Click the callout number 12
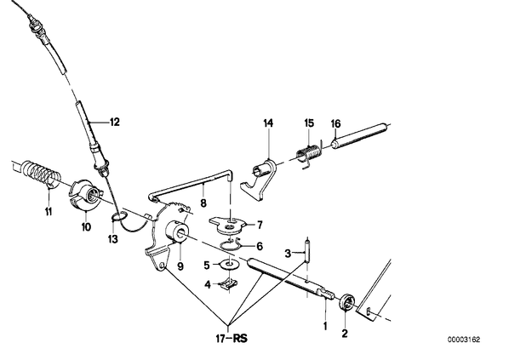(115, 123)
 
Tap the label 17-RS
(232, 339)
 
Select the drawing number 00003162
(464, 340)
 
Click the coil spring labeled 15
(309, 152)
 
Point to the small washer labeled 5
(230, 264)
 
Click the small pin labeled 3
(307, 250)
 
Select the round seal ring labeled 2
(346, 301)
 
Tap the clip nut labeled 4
(230, 285)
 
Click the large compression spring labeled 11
(41, 174)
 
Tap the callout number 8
(203, 204)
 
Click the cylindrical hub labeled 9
(176, 232)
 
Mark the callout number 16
(335, 123)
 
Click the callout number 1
(325, 326)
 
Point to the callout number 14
(268, 123)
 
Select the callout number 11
(48, 212)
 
